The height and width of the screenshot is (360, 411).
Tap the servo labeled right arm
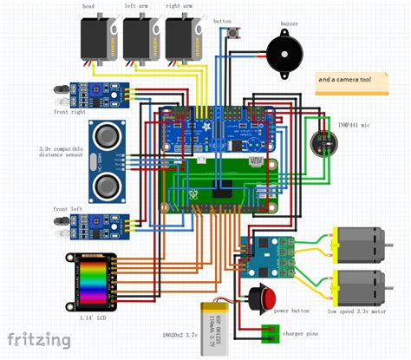point(183,38)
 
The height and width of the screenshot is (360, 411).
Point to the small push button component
point(234,35)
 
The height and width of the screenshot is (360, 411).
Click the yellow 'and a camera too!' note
point(356,80)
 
